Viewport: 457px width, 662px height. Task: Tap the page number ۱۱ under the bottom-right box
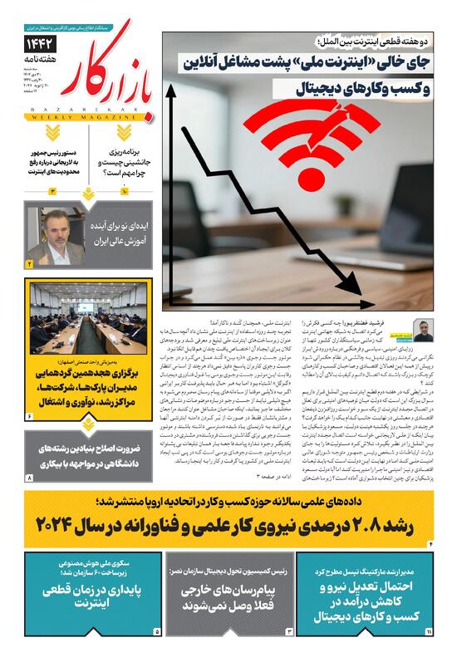click(430, 632)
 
